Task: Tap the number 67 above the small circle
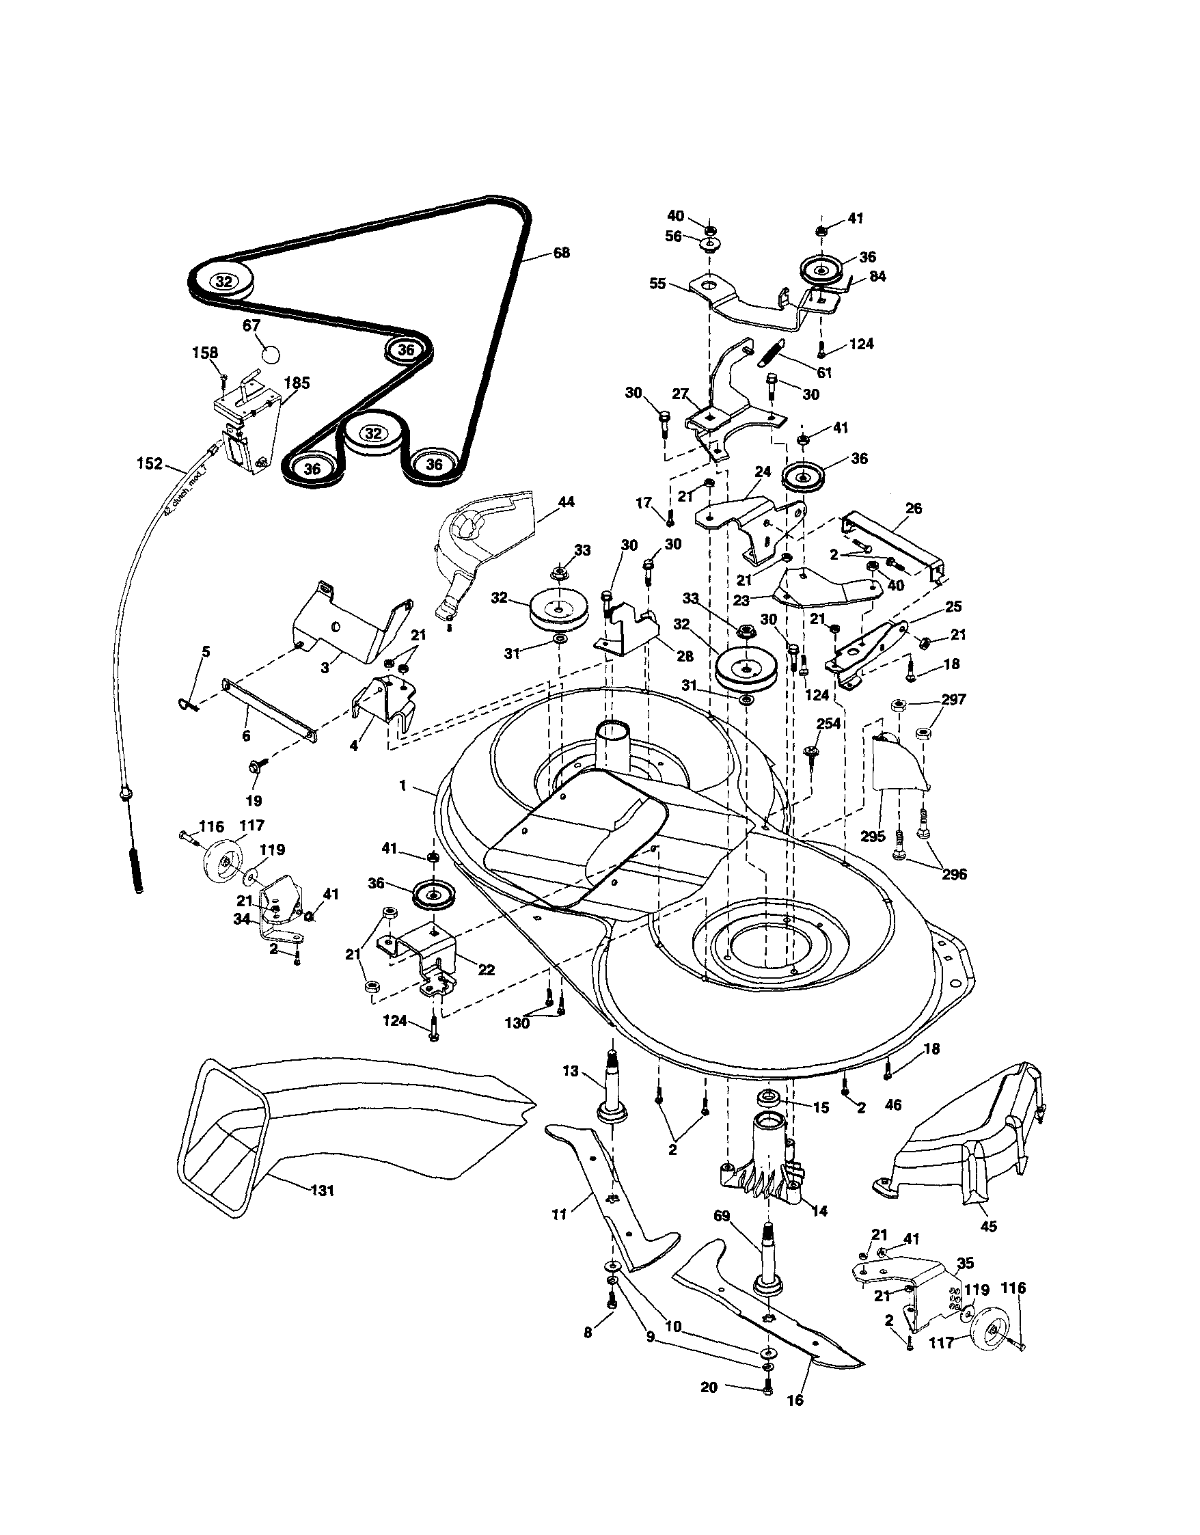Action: tap(251, 325)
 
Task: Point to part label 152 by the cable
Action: tap(150, 464)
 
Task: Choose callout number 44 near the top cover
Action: tap(566, 502)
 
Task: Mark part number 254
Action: tap(829, 724)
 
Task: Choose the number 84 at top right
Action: tap(877, 276)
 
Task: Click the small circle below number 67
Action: tap(271, 353)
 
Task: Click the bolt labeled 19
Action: tap(254, 766)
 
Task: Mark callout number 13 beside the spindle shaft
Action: tap(571, 1070)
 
